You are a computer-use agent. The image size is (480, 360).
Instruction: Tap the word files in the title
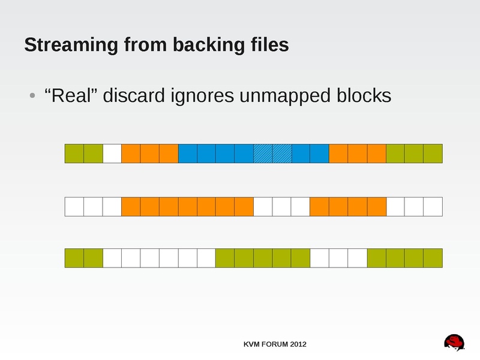pos(267,45)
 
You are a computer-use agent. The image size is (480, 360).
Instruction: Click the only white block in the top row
pos(112,154)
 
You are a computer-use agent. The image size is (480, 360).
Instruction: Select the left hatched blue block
pos(263,154)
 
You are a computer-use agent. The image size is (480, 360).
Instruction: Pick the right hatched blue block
pos(281,154)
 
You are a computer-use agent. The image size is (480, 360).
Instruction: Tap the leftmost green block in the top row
pos(74,154)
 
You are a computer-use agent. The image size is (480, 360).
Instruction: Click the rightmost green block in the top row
pos(433,154)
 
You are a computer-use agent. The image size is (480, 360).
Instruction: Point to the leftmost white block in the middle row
pos(74,206)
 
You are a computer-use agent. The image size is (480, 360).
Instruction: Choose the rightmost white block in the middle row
pos(433,206)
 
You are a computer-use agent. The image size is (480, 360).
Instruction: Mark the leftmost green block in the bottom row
pos(74,258)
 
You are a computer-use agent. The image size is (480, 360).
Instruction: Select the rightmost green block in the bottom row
pos(433,258)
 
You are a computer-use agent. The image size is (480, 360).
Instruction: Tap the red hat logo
pos(455,341)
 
